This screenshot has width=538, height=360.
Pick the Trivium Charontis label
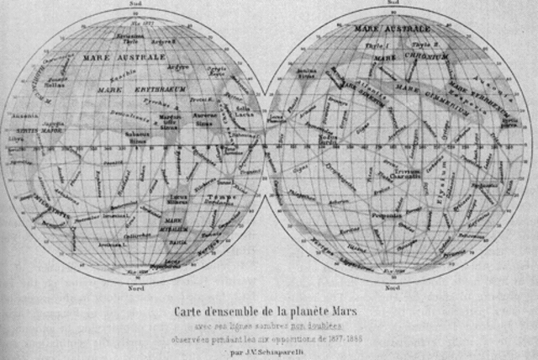pyautogui.click(x=409, y=173)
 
